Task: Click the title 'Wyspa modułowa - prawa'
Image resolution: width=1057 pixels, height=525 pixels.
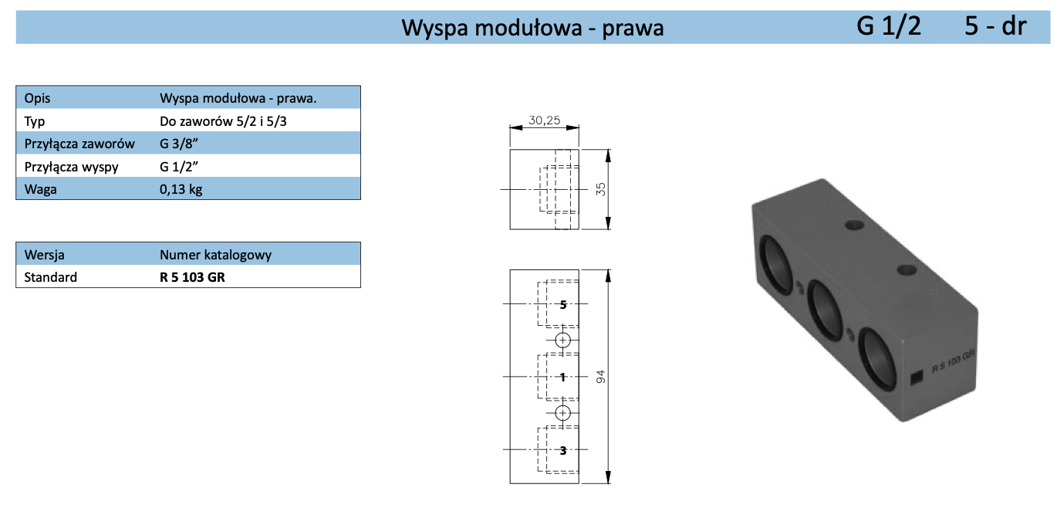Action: pos(532,28)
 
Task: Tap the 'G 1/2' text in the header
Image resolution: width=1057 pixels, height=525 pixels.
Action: pos(889,26)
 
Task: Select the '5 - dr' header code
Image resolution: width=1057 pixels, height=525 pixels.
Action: pos(995,26)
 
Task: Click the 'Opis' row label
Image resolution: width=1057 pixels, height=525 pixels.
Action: pos(37,99)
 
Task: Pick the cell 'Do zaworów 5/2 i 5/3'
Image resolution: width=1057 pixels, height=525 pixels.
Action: pos(223,121)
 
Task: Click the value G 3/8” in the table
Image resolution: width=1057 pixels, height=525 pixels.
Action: pos(180,144)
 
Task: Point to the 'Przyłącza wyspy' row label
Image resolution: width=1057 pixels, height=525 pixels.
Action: pos(72,166)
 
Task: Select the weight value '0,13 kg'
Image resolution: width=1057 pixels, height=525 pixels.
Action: pos(181,189)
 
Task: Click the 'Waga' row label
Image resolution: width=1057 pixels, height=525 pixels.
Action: pos(41,189)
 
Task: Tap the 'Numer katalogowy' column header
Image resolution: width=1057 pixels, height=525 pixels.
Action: pos(215,255)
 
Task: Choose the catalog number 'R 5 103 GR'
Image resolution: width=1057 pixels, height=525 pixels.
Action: pos(192,277)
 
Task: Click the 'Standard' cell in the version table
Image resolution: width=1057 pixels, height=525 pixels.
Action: pos(51,277)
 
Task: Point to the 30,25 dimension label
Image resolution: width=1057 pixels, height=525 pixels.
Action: pos(544,120)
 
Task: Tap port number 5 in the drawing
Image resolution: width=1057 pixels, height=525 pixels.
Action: pos(563,304)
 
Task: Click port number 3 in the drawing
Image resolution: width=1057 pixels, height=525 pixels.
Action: pos(563,449)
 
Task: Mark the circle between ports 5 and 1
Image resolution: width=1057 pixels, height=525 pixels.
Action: pos(562,340)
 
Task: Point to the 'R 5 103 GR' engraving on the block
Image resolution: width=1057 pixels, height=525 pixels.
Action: pos(954,361)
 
